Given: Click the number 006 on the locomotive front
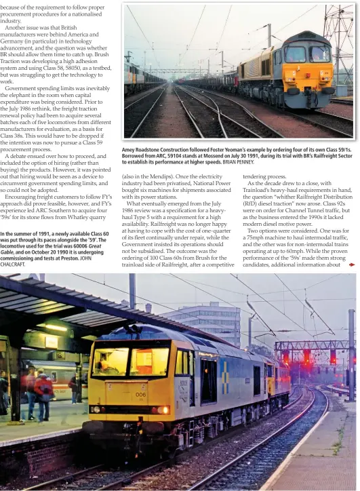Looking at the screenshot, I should [140, 394].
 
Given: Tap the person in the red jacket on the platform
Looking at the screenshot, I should [43, 392].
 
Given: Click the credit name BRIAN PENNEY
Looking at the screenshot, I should [237, 162].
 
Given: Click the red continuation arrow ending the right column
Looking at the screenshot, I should [351, 264].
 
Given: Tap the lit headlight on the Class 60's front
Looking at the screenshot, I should [161, 410].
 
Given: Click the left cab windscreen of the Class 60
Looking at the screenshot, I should [111, 361].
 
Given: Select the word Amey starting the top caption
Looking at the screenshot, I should [129, 149].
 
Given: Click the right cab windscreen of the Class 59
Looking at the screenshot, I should [319, 54].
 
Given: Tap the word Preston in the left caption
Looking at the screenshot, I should [67, 258].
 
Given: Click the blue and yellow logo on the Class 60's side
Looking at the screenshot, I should [224, 369].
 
